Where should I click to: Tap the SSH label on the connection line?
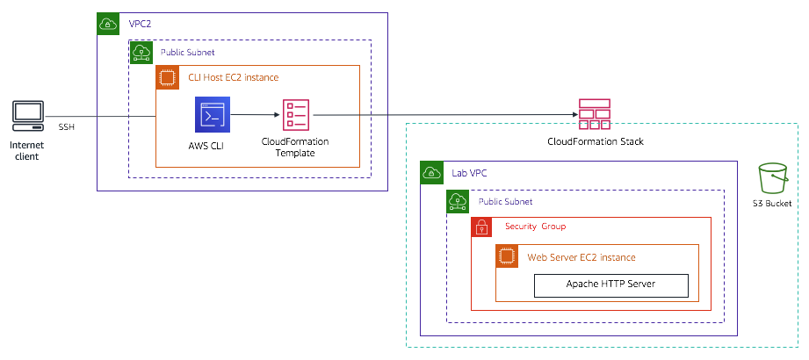point(67,127)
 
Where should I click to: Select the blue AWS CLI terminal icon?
point(212,114)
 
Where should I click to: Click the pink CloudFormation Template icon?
point(295,115)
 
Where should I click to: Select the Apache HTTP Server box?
point(611,284)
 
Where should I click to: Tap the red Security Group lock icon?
point(481,227)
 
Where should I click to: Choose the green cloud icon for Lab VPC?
point(430,171)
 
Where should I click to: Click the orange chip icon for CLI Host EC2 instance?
point(166,77)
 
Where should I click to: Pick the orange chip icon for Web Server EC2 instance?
point(506,256)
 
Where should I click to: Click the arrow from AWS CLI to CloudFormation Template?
point(249,114)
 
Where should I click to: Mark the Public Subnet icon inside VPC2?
point(140,52)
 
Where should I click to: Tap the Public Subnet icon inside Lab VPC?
point(457,202)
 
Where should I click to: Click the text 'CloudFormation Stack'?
point(595,141)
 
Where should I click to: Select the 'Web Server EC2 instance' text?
point(581,257)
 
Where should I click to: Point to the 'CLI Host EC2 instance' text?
point(234,78)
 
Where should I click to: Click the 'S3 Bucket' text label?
point(772,203)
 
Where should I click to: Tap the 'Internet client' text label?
point(26,150)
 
